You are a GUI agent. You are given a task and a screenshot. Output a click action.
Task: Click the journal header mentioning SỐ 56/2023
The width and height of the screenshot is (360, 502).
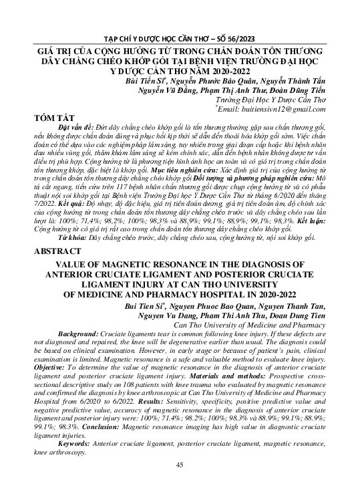179,39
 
